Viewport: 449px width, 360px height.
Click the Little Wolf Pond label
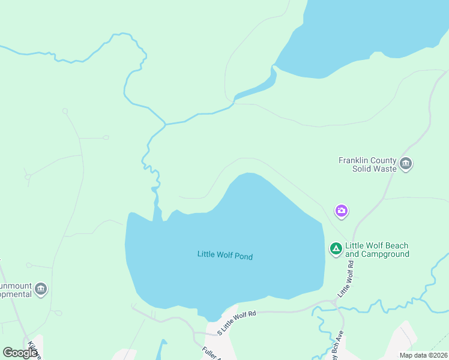pos(224,256)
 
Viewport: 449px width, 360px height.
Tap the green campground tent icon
pos(336,248)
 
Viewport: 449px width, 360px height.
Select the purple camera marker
pos(342,211)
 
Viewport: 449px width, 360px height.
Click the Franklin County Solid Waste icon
pos(406,164)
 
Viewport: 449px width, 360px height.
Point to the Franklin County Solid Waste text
pos(367,164)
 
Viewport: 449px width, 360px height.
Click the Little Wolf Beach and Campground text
pos(377,250)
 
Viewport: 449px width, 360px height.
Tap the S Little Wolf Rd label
pos(237,322)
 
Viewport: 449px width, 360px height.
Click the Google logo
pos(20,353)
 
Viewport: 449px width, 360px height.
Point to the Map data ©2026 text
pos(423,355)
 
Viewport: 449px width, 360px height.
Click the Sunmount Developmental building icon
pos(41,289)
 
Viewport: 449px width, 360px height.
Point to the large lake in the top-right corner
pos(372,30)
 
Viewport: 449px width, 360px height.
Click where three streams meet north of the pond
pos(165,124)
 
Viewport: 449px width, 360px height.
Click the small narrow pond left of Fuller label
pos(161,351)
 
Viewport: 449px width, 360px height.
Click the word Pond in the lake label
pos(243,257)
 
